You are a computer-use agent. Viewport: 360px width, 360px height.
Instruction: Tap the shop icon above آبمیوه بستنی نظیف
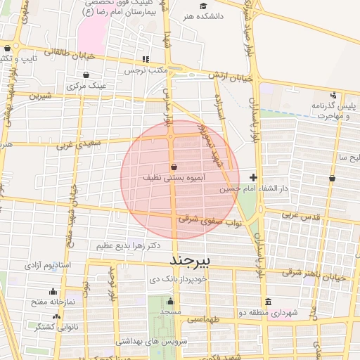point(174,167)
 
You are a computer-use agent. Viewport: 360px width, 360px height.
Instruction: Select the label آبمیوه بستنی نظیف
point(174,179)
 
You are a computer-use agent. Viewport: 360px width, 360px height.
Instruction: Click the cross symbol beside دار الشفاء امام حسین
point(253,177)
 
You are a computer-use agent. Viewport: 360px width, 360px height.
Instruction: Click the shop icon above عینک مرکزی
point(86,75)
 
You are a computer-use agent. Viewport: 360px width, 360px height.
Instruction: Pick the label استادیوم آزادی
point(49,265)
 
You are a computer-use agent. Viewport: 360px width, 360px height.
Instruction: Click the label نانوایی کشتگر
point(55,327)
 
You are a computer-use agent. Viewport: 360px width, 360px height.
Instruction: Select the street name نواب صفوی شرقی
point(210,220)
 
